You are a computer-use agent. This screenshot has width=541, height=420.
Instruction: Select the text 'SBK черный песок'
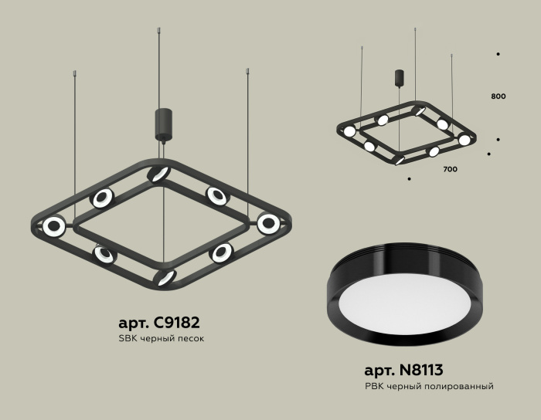tap(162, 340)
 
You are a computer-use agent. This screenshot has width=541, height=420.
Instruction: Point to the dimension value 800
tap(498, 97)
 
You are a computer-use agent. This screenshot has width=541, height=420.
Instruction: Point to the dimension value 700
tap(449, 168)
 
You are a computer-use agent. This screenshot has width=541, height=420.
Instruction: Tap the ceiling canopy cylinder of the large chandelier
tap(163, 124)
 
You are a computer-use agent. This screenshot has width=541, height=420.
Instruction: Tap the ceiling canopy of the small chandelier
tap(400, 78)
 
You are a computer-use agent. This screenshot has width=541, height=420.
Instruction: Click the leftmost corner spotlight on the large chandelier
tap(54, 226)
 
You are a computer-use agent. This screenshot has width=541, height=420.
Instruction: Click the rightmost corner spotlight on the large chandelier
tap(268, 224)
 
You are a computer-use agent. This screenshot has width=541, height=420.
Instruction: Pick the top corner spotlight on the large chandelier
tap(159, 174)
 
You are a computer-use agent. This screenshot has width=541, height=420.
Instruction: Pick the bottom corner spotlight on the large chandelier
tap(165, 277)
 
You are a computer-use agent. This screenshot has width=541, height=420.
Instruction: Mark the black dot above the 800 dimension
tap(498, 54)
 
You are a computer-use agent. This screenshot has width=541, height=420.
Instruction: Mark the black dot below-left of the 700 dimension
tap(409, 179)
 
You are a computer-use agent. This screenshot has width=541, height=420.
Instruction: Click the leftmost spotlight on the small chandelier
tap(349, 131)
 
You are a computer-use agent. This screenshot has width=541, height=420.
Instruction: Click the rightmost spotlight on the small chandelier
tap(464, 140)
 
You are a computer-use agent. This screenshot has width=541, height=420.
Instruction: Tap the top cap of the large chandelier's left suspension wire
tap(75, 73)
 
